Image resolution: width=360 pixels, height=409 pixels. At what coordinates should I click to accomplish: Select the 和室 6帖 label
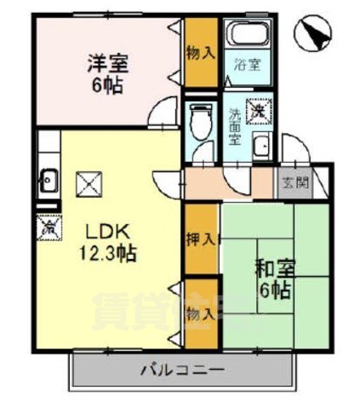click(273, 279)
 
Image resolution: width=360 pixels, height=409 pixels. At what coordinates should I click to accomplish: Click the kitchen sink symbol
click(49, 180)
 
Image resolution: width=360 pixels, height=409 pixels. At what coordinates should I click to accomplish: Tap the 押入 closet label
click(201, 239)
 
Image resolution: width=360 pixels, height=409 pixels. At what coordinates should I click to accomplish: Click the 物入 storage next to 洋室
click(201, 53)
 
